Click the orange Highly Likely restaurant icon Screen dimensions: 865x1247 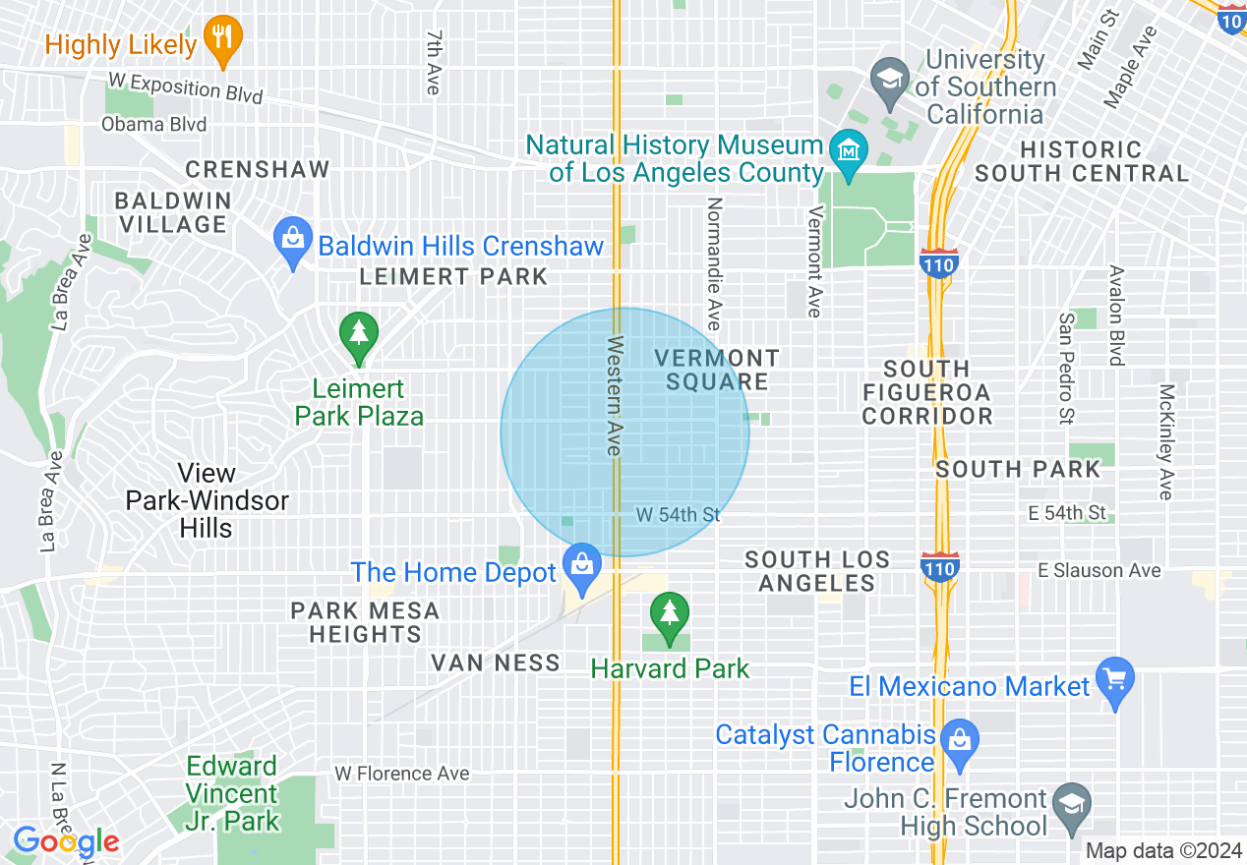[223, 40]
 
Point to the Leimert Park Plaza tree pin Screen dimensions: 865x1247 [359, 335]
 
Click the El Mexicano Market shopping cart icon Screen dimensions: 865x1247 [1115, 680]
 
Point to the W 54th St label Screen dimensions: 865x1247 [678, 515]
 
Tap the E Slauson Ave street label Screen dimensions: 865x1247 [1099, 570]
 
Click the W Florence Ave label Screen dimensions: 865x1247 [401, 774]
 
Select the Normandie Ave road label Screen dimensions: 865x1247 [714, 263]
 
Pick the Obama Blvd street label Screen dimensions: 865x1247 [154, 125]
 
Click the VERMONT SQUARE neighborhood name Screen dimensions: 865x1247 [717, 370]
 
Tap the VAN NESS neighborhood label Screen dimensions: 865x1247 [496, 663]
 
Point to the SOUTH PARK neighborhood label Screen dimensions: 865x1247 [1018, 469]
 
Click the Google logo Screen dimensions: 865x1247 [66, 841]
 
